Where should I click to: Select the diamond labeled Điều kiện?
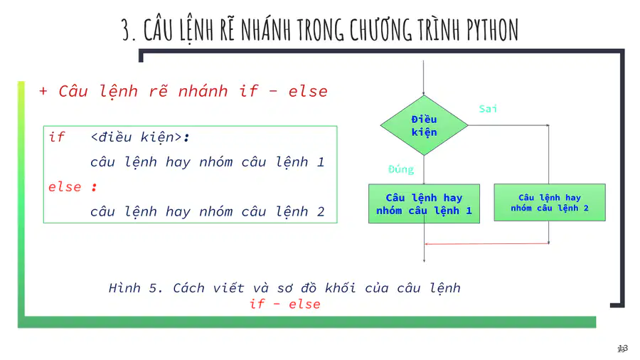coord(424,125)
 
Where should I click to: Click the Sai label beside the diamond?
coord(488,109)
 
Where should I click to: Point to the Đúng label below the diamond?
coord(401,169)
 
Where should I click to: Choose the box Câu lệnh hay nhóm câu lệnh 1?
coord(424,203)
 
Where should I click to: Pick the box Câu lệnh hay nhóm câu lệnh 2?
coord(550,203)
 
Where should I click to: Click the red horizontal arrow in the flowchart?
coord(486,243)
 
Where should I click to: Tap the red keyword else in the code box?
coord(65,187)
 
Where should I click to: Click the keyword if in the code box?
coord(57,137)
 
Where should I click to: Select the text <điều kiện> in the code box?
coord(137,137)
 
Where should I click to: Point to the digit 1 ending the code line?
coord(321,162)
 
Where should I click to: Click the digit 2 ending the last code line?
coord(321,212)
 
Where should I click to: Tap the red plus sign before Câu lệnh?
coord(43,91)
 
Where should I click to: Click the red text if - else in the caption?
coord(285,304)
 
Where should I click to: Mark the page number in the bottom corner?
coord(622,349)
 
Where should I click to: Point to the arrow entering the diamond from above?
coord(424,78)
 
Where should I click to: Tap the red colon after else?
coord(95,187)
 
